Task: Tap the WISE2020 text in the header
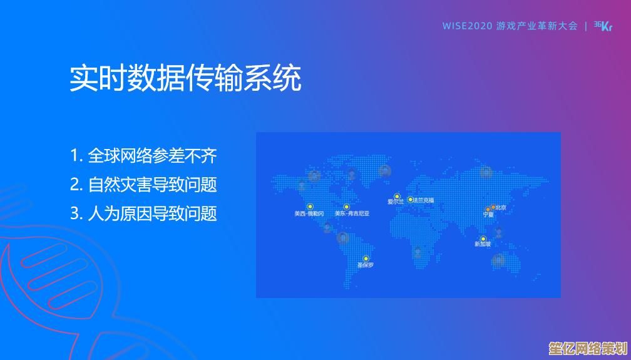467,26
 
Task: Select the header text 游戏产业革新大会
536,26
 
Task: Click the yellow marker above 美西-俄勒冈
310,206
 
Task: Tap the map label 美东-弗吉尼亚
352,213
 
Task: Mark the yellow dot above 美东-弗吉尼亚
346,206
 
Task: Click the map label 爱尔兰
396,202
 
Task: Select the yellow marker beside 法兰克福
411,200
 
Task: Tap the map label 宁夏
488,215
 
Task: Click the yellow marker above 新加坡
483,239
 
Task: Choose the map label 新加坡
483,245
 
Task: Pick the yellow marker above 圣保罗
366,259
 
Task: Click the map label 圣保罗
366,265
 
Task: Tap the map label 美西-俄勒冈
309,213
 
